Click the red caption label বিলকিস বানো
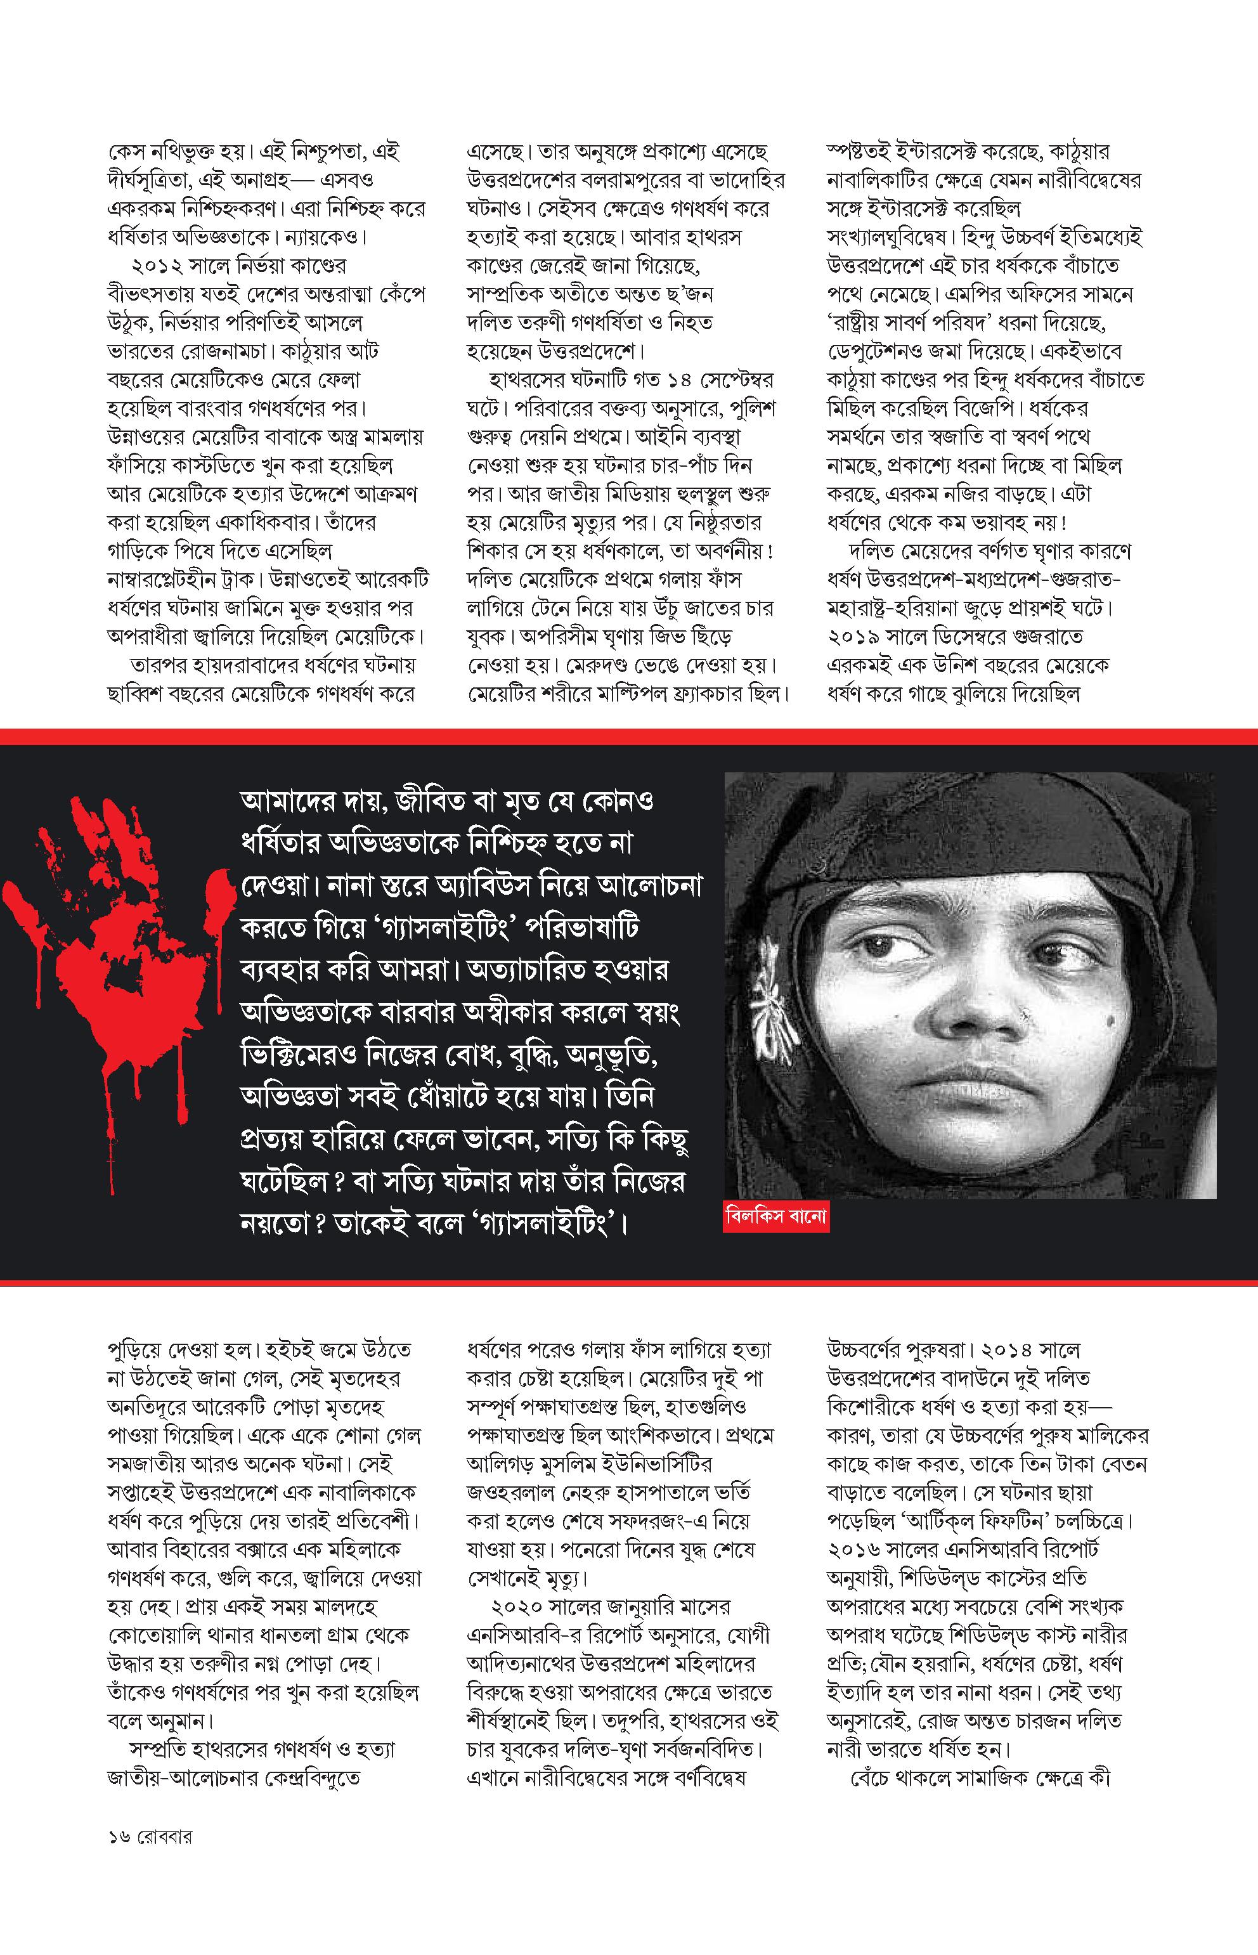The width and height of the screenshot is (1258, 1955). point(776,1216)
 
